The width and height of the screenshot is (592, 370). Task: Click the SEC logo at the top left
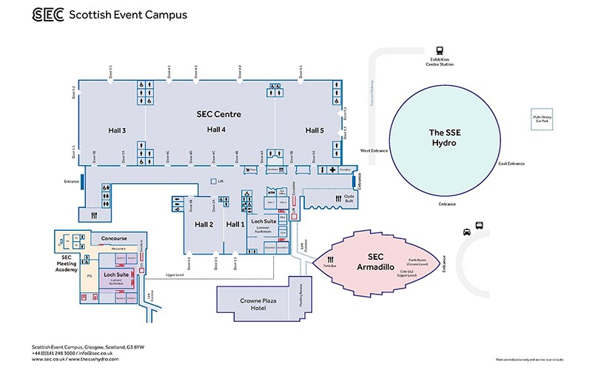[47, 15]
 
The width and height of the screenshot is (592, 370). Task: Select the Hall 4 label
[216, 129]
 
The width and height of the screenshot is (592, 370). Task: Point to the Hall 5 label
[314, 130]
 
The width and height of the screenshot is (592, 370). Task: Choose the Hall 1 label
[235, 224]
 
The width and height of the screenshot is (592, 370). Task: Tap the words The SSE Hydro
[446, 138]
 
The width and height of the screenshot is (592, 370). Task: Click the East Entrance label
[511, 164]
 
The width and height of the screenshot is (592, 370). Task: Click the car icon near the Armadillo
[467, 231]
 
